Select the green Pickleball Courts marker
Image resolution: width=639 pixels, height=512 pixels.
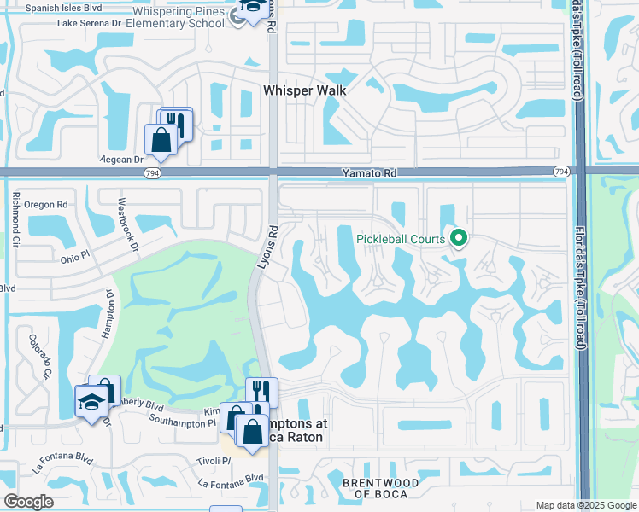pyautogui.click(x=459, y=238)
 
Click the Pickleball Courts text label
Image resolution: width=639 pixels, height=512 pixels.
pyautogui.click(x=397, y=238)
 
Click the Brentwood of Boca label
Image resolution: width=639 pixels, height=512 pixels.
pyautogui.click(x=381, y=488)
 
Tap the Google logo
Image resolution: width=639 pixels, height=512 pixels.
pyautogui.click(x=29, y=502)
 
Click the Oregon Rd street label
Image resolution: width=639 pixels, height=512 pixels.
pyautogui.click(x=45, y=205)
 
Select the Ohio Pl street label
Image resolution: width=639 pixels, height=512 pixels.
pyautogui.click(x=76, y=259)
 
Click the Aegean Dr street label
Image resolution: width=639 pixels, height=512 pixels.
pyautogui.click(x=124, y=160)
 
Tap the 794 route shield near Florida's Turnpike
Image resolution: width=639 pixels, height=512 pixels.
pyautogui.click(x=560, y=172)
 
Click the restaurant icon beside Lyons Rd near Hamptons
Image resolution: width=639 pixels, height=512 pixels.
pyautogui.click(x=261, y=392)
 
